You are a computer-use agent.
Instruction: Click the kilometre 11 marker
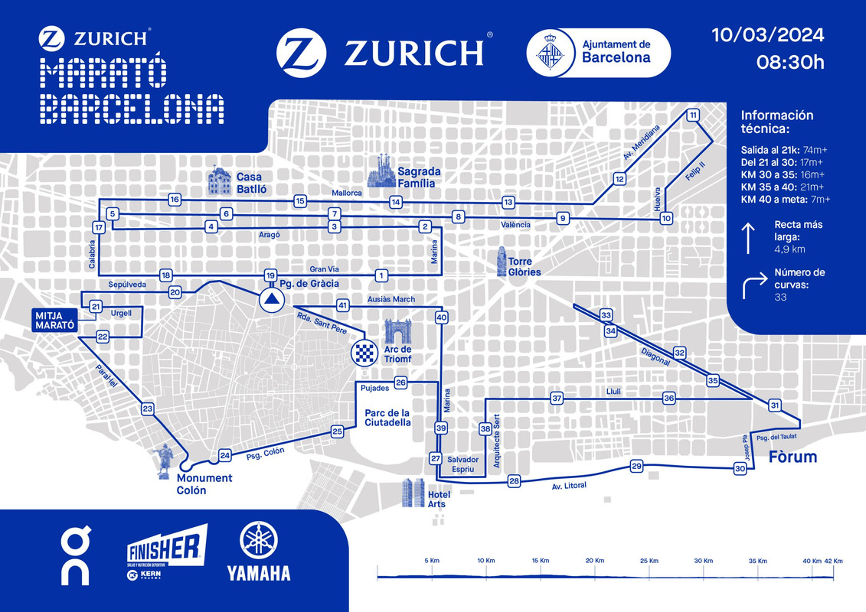(693, 116)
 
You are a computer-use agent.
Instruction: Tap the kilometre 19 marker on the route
(270, 275)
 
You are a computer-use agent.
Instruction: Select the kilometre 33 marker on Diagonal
(606, 315)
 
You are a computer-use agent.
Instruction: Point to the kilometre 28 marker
(514, 481)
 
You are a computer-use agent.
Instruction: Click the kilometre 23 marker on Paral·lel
(148, 409)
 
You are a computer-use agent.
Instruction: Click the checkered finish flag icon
(362, 353)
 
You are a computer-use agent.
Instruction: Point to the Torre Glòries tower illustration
(502, 261)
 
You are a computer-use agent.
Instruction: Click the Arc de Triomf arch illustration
(397, 333)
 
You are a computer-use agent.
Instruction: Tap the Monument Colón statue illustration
(164, 462)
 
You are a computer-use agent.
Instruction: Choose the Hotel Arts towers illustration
(413, 493)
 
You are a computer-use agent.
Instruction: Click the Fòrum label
(792, 457)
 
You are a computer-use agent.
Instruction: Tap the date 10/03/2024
(767, 35)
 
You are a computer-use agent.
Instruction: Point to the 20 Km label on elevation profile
(595, 561)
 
